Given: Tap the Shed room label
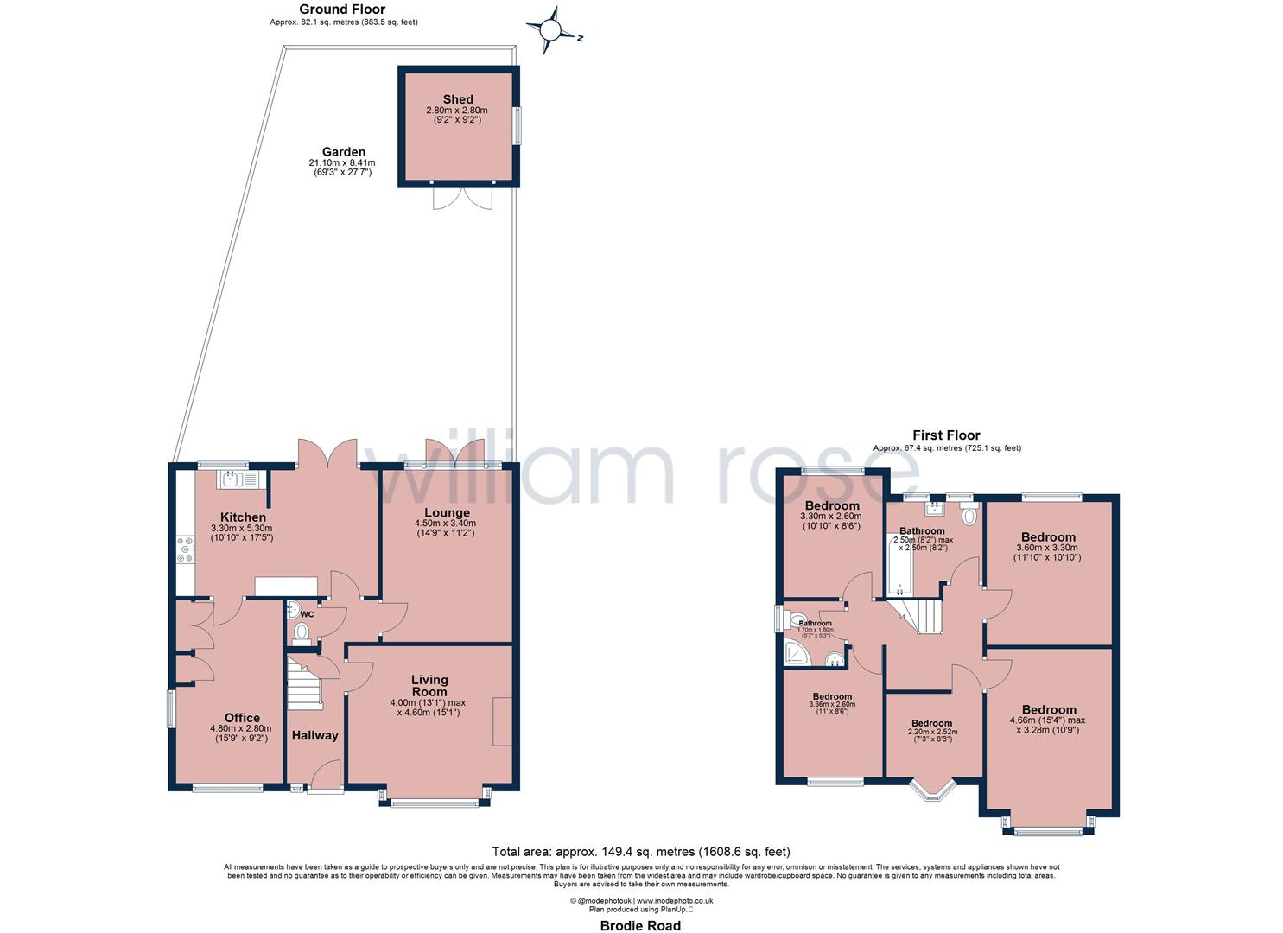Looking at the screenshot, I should coord(457,99).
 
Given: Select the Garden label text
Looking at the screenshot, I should coord(343,152).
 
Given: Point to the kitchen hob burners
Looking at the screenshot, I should coord(185,549).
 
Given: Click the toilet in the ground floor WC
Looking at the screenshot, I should coord(302,632).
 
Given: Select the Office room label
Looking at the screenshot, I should coord(242,718).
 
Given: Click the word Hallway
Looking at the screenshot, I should coord(314,736).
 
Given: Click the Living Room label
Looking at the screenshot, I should coord(429,686).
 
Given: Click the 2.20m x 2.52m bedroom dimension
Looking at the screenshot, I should coord(931,732).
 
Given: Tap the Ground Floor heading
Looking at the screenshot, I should coord(342,10).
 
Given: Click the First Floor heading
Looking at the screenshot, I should coord(946,435).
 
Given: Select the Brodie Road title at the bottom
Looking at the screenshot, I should coord(640,926).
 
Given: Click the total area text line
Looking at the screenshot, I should coord(640,851).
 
